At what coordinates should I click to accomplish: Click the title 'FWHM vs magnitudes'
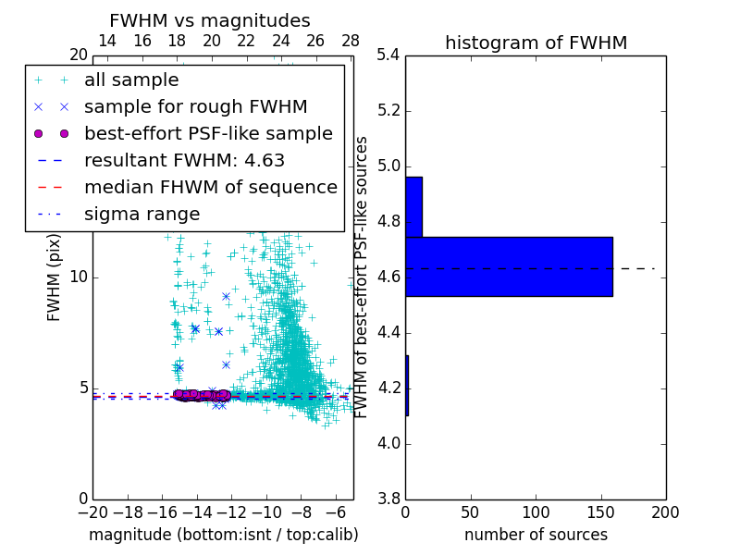(210, 20)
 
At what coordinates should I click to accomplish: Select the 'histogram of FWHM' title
(536, 43)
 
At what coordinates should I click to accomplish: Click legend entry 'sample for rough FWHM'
(195, 107)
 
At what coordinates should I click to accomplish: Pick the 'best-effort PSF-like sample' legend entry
(208, 134)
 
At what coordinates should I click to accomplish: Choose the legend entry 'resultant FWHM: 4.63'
(184, 161)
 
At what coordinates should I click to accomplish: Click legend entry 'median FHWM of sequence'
(210, 188)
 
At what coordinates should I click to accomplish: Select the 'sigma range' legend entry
(142, 215)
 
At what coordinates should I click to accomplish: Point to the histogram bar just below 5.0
(413, 206)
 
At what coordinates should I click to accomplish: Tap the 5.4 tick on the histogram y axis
(388, 55)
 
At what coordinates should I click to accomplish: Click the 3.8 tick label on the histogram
(388, 499)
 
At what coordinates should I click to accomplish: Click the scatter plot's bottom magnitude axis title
(223, 535)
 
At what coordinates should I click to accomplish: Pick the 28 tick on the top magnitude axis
(351, 42)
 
